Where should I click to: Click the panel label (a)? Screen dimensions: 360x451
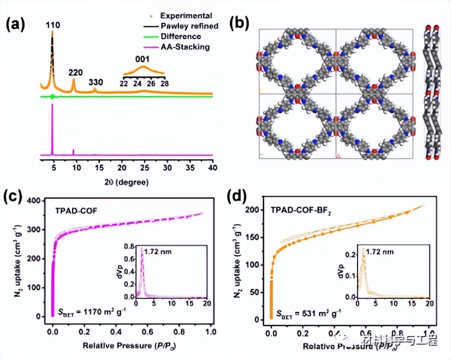pyautogui.click(x=16, y=23)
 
